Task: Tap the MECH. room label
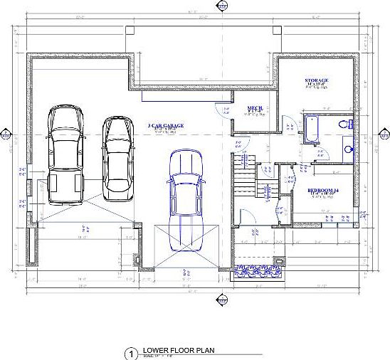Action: pos(255,109)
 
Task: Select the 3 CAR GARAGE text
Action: pos(165,125)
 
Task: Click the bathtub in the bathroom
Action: pos(312,130)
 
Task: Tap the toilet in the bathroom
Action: pos(347,124)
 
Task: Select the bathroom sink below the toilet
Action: pos(347,149)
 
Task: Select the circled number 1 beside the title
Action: pos(130,353)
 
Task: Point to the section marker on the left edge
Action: pos(6,134)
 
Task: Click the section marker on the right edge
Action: pos(384,134)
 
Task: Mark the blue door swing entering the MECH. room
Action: pos(221,108)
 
